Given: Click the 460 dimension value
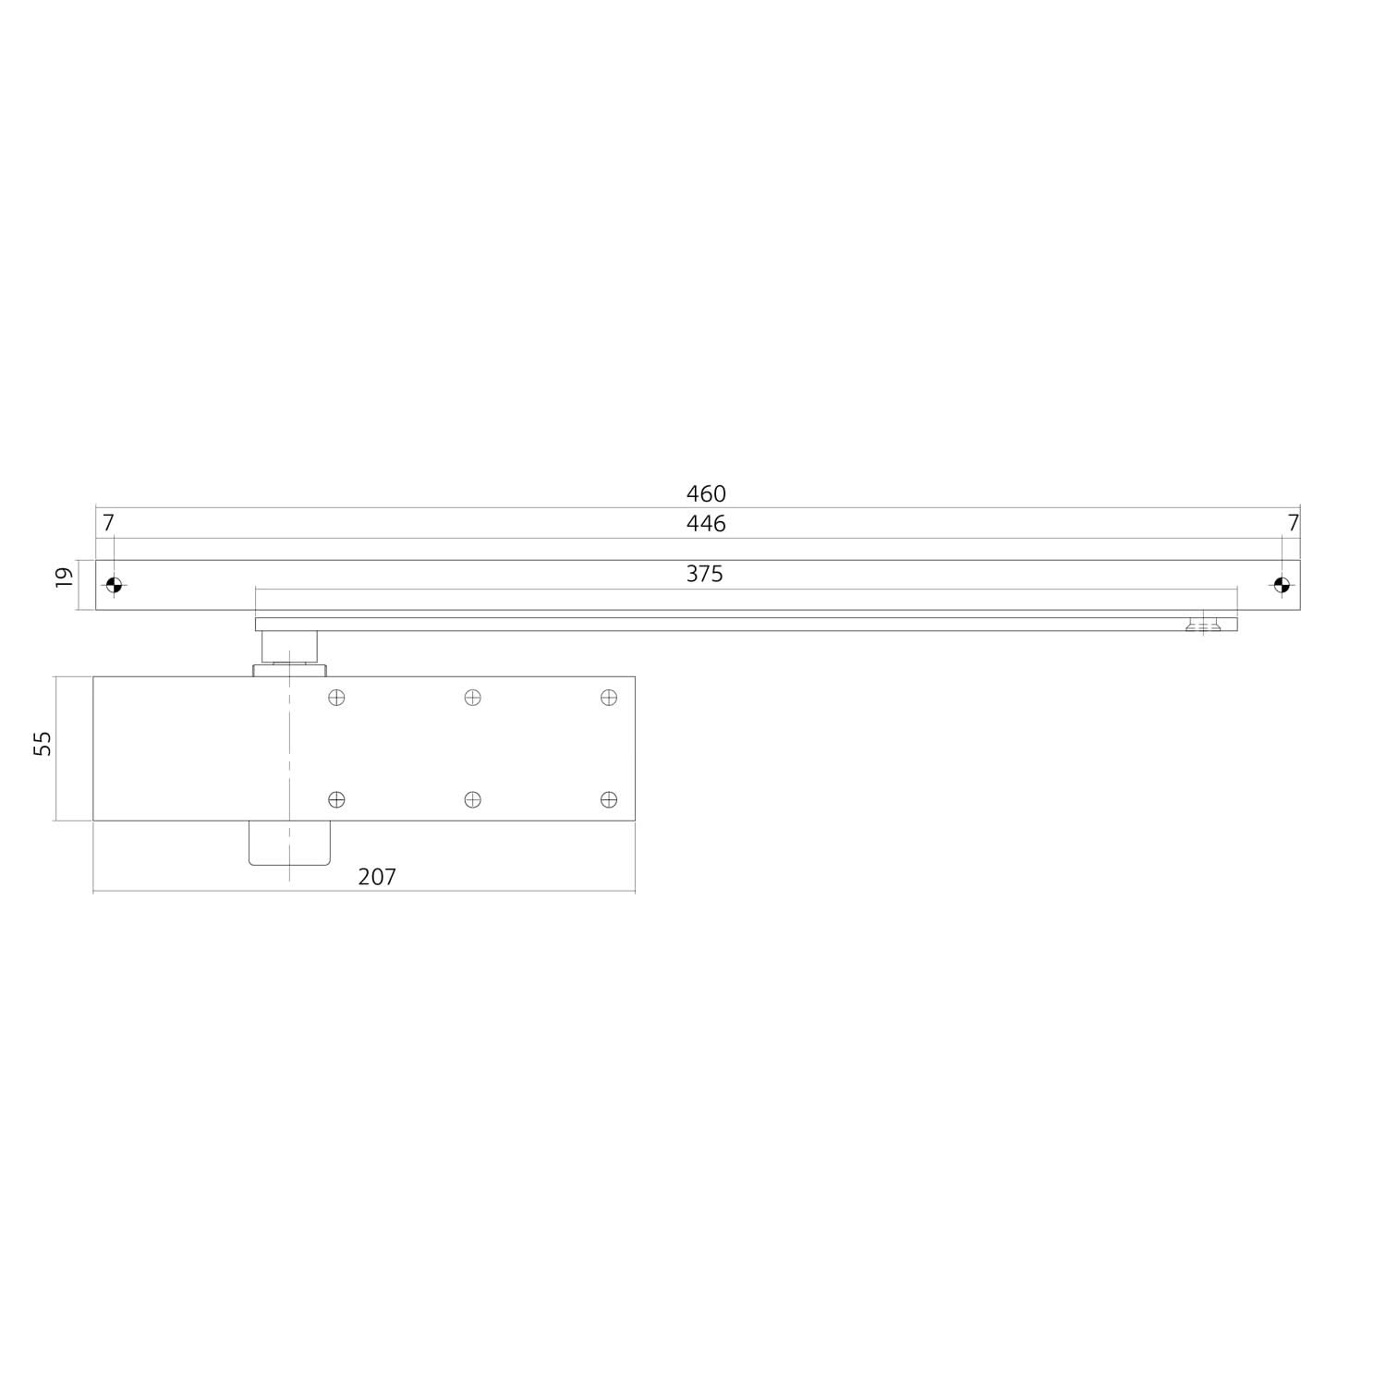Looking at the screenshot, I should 706,493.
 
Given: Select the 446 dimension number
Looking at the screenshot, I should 706,524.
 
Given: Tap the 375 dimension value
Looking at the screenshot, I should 704,574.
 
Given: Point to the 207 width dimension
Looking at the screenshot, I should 377,877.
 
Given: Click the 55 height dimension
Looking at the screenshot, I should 43,744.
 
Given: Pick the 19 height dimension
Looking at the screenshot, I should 64,577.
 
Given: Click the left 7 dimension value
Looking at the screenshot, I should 108,523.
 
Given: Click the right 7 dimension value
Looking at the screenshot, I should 1293,523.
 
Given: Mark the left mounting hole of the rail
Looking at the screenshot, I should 114,585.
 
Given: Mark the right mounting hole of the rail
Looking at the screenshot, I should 1281,585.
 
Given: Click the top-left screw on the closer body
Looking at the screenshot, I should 336,698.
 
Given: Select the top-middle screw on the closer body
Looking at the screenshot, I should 472,698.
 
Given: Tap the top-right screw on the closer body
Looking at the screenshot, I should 608,698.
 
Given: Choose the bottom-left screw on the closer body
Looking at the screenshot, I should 336,799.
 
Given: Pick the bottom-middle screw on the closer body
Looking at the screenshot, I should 472,799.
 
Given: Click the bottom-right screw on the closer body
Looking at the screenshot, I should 608,799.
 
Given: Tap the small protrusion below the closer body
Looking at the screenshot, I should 289,843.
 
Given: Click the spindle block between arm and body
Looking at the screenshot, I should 289,647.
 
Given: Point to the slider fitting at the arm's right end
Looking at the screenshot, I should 1202,625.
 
